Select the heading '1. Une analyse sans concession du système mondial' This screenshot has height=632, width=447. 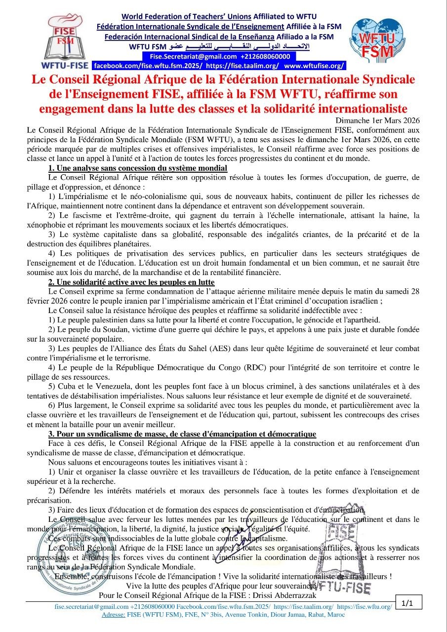[x=138, y=168]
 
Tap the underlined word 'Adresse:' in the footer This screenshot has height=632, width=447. [x=113, y=615]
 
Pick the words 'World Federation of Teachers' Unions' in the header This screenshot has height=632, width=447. [x=186, y=17]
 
